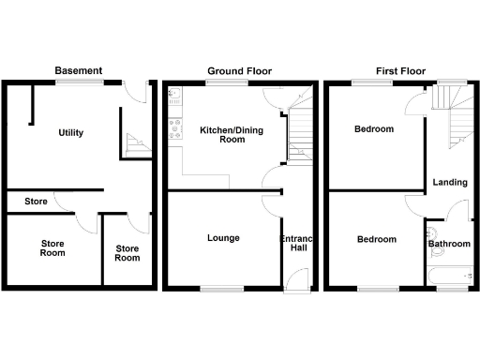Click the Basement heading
click(78, 70)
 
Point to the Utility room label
click(70, 133)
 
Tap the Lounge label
click(223, 238)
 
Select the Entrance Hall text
click(296, 244)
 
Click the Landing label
click(450, 182)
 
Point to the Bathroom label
click(449, 245)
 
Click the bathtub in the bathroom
click(449, 276)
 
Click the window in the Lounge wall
click(217, 287)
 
